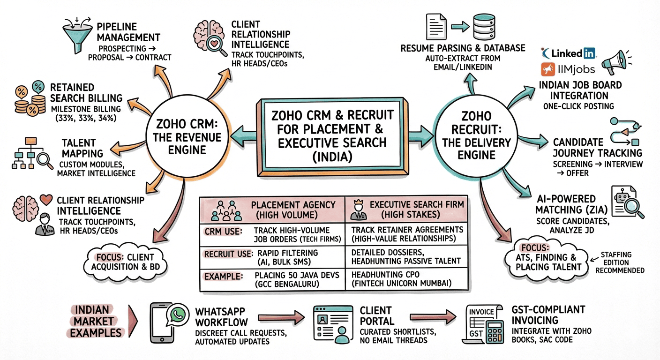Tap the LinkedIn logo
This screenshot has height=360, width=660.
(568, 52)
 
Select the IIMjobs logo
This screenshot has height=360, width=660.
(568, 70)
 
